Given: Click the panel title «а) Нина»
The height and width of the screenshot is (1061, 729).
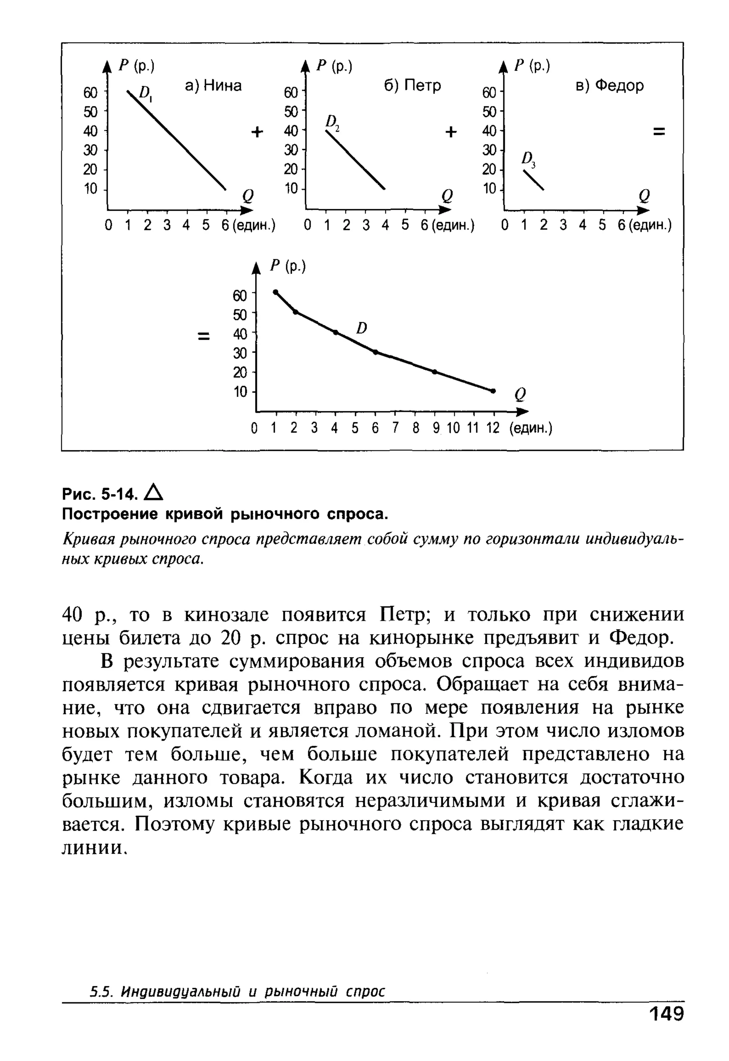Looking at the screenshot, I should (x=213, y=85).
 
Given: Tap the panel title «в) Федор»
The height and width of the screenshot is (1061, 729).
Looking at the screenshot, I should (x=609, y=85).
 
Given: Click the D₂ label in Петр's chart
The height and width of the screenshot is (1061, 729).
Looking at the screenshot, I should (x=332, y=122).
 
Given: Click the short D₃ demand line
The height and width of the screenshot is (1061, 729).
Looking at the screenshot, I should (x=534, y=179).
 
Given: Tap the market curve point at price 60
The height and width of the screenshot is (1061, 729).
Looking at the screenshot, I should (x=276, y=292).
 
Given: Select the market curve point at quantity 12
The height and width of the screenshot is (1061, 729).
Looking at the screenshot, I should (x=493, y=391).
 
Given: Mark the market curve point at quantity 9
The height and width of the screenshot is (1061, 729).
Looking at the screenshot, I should (x=434, y=372).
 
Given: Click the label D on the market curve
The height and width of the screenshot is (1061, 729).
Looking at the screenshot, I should (x=361, y=328).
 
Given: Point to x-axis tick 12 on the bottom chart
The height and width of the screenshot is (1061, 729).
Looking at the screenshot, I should (x=493, y=428).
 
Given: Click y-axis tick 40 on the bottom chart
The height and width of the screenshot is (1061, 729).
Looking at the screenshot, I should (x=240, y=334).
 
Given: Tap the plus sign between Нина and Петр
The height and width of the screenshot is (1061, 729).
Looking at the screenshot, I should (x=258, y=132).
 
